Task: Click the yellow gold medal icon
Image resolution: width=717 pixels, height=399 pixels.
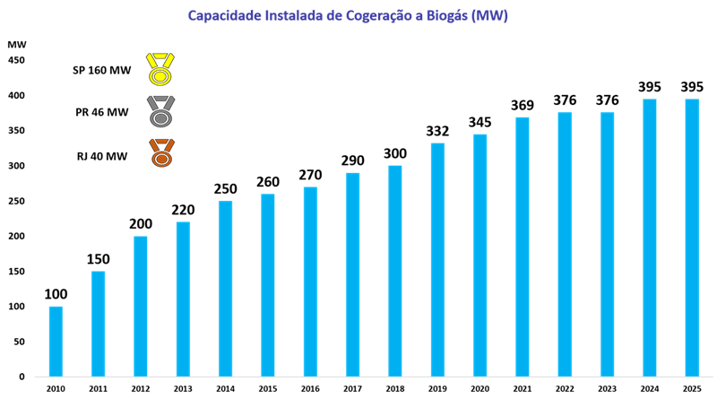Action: point(160,70)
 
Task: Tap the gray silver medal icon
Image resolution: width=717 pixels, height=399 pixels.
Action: point(160,112)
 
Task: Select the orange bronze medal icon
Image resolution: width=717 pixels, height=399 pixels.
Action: point(161,153)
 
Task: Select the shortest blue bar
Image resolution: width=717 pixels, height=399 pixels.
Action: point(56,341)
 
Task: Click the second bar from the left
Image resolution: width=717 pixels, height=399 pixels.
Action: point(98,323)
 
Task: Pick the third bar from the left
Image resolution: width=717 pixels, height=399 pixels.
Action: point(141,306)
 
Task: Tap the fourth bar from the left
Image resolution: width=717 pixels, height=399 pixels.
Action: point(183,299)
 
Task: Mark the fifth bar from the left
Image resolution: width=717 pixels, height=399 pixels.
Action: point(225,288)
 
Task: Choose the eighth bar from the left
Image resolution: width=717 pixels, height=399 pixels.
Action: point(353,273)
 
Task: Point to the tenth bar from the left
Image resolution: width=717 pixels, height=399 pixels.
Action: point(437,259)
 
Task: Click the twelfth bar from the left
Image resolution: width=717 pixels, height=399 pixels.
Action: point(523,246)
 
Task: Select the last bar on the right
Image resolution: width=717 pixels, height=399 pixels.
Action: point(692,238)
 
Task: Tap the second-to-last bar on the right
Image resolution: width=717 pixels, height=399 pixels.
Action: point(650,238)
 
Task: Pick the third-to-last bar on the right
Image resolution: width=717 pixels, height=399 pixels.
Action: point(608,244)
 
